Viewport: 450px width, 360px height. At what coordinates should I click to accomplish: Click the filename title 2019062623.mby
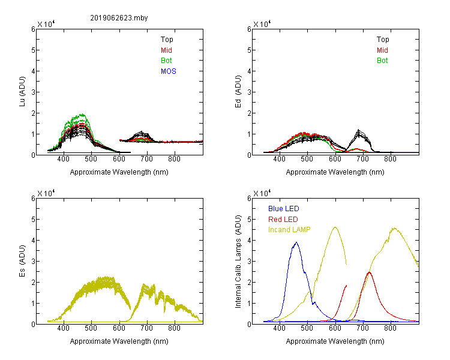[119, 18]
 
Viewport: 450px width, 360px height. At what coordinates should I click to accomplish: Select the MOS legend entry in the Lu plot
[169, 71]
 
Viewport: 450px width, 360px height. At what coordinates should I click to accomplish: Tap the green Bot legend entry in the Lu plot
[166, 61]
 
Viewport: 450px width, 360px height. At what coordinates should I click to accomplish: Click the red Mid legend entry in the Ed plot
[382, 50]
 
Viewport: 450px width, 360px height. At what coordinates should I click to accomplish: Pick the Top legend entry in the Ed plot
[383, 40]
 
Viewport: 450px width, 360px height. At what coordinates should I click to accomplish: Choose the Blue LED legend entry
[284, 209]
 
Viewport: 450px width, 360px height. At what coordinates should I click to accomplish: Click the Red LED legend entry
[283, 220]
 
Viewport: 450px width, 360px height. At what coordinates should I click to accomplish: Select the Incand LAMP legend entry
[289, 230]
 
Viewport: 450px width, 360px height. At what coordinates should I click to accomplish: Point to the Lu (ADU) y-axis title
[22, 92]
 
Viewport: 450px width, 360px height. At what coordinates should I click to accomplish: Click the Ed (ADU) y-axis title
[238, 92]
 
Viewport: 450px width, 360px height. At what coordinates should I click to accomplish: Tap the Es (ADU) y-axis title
[22, 261]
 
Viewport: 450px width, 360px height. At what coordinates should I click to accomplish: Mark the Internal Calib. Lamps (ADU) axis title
[238, 262]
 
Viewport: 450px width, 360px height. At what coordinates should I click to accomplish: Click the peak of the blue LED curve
[296, 242]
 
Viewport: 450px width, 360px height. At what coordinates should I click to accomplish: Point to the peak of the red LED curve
[369, 272]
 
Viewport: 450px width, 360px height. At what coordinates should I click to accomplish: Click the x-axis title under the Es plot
[119, 341]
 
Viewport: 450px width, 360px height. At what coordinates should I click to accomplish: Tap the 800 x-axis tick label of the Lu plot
[174, 159]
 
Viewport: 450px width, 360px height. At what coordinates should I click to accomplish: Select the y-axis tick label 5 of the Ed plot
[249, 50]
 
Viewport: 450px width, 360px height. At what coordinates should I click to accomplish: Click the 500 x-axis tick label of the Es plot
[91, 328]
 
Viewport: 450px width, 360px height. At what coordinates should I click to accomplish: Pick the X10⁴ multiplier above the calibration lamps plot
[262, 194]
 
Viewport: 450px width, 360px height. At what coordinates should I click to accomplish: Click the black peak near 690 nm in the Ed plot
[358, 131]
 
